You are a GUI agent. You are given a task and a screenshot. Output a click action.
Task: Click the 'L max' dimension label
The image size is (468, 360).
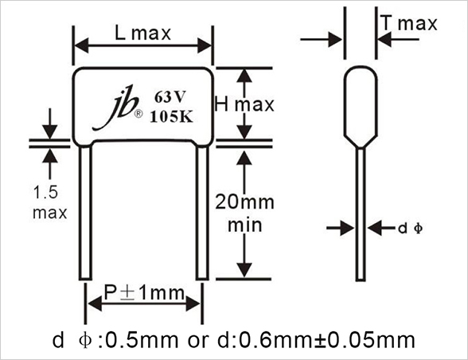pyautogui.click(x=142, y=33)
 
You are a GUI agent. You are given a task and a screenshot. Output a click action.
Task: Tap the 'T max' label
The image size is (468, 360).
pyautogui.click(x=410, y=23)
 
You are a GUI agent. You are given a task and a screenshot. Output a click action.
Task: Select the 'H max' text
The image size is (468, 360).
pyautogui.click(x=244, y=104)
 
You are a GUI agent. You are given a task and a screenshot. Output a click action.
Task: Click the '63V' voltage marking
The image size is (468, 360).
pyautogui.click(x=170, y=97)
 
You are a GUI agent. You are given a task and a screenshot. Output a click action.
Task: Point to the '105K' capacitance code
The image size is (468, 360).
pyautogui.click(x=171, y=116)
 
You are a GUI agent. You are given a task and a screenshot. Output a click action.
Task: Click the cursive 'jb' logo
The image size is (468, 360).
pyautogui.click(x=116, y=108)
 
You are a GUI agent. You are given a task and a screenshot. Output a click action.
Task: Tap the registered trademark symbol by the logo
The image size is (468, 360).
pyautogui.click(x=138, y=114)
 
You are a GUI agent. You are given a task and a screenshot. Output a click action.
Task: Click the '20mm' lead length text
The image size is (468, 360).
pyautogui.click(x=244, y=202)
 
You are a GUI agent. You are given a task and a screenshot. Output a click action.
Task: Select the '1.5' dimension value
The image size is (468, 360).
pyautogui.click(x=45, y=192)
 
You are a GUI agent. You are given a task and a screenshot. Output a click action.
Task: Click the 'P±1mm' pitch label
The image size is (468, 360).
pyautogui.click(x=144, y=292)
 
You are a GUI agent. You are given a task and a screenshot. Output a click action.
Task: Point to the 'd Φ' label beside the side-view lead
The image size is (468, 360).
pyautogui.click(x=411, y=229)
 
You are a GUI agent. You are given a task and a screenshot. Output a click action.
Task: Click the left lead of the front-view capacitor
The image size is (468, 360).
pyautogui.click(x=85, y=213)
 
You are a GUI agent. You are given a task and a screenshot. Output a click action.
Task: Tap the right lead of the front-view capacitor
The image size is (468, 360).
pyautogui.click(x=202, y=213)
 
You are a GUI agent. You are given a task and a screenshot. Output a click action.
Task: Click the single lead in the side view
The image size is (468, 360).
pyautogui.click(x=361, y=214)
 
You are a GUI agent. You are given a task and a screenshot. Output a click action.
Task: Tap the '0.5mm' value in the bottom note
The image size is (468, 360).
pyautogui.click(x=141, y=340)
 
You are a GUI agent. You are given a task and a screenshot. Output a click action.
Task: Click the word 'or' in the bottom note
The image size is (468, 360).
pyautogui.click(x=198, y=342)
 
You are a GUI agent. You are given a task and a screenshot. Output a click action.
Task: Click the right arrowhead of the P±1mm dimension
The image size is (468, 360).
pyautogui.click(x=193, y=303)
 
